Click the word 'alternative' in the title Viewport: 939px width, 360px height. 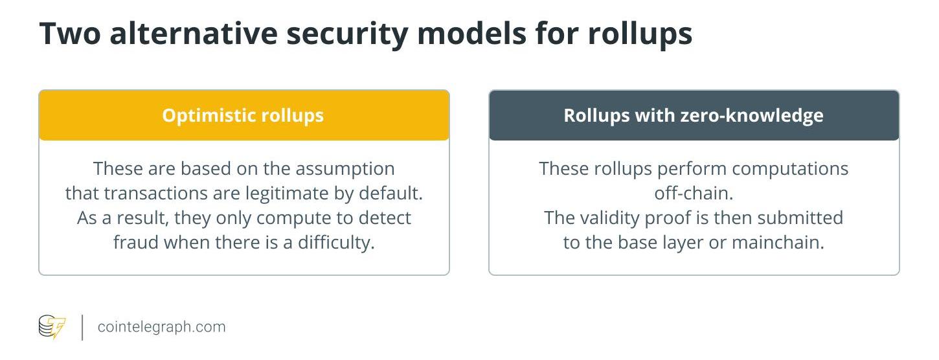pos(194,33)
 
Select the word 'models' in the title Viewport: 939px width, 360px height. pos(471,33)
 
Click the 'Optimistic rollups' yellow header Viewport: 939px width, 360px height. pos(244,115)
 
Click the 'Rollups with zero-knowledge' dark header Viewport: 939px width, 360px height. pos(694,115)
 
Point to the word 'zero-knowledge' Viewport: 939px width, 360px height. pos(752,116)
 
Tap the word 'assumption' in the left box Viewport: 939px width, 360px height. pos(345,169)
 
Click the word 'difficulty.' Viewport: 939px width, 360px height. pos(336,243)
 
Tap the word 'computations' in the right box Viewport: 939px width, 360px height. pos(790,169)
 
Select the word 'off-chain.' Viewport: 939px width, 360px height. pos(694,194)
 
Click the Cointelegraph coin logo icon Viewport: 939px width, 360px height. pos(52,327)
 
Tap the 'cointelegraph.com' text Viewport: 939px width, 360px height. pos(161,327)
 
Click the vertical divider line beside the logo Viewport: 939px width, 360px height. pos(82,328)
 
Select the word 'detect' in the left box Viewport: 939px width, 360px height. pos(385,218)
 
